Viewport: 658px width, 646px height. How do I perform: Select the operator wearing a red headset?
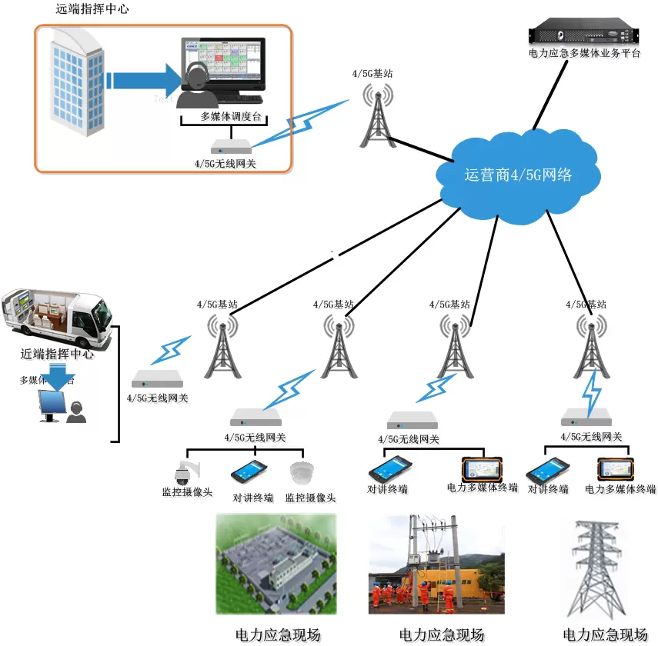point(196,87)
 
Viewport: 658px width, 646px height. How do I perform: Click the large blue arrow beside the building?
point(146,81)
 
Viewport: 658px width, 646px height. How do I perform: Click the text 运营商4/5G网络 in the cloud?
point(517,175)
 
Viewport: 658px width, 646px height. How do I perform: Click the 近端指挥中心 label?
point(57,355)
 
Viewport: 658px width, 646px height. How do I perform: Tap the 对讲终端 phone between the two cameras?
point(249,471)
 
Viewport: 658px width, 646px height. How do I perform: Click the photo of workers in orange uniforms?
point(436,565)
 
